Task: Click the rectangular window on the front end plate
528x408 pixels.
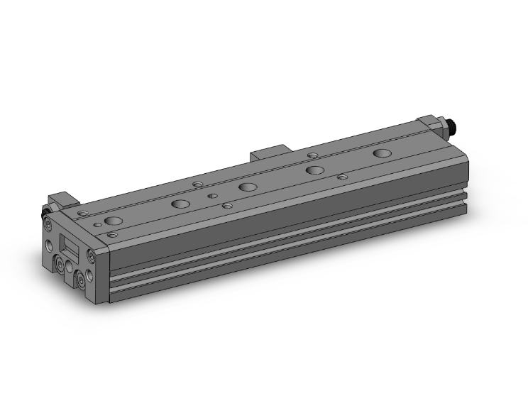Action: (x=71, y=248)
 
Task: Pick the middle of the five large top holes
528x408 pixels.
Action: (x=248, y=187)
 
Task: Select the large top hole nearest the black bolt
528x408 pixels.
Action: (x=382, y=153)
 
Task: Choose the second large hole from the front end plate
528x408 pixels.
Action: (x=181, y=204)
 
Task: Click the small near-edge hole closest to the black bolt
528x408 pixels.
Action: (x=342, y=177)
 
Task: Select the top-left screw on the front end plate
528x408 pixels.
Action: (x=48, y=224)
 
